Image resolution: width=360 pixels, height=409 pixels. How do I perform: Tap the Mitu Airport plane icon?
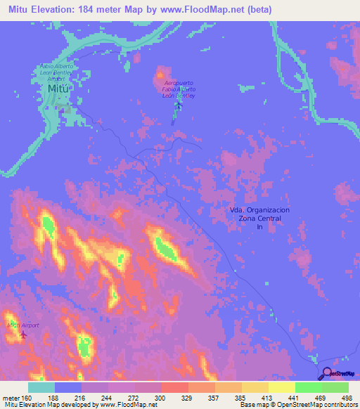click(22, 333)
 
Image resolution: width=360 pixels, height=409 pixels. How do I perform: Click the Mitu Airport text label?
click(22, 325)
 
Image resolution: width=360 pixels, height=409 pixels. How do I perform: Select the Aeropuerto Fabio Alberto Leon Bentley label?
click(178, 89)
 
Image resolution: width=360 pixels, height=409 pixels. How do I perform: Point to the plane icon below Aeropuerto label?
click(179, 106)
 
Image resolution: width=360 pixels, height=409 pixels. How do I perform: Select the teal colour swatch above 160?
click(41, 387)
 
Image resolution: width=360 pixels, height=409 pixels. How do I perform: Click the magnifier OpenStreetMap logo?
click(326, 375)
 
